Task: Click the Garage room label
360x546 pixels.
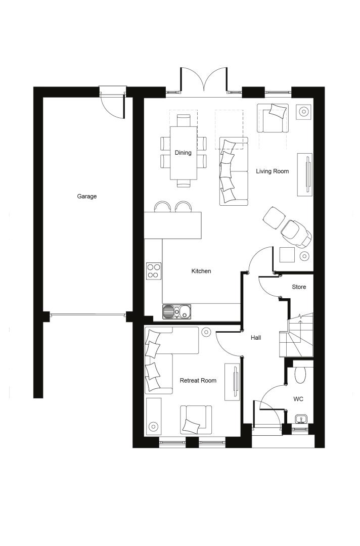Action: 86,196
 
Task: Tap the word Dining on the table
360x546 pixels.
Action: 183,153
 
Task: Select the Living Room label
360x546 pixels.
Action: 272,171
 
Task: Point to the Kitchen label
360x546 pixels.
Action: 201,271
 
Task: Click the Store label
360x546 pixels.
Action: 299,287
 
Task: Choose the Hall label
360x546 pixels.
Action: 256,337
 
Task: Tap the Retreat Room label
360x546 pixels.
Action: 198,381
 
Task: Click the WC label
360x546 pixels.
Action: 298,399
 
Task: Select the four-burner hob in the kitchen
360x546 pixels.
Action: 154,271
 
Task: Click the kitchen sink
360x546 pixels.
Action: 176,311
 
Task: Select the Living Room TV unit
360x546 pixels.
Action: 305,174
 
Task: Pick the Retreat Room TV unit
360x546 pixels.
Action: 232,382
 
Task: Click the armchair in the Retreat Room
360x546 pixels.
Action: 196,420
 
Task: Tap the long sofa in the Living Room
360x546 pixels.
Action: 234,171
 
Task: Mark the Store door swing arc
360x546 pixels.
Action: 268,288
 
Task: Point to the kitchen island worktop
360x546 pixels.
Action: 173,225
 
